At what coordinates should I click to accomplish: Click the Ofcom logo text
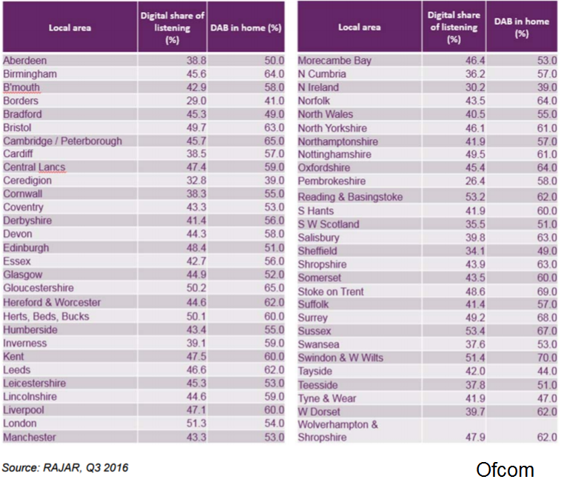point(505,469)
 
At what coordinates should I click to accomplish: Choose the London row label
point(20,424)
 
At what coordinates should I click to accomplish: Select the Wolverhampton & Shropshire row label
point(337,431)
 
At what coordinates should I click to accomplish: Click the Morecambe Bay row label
point(334,61)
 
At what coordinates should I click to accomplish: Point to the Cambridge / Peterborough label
point(62,141)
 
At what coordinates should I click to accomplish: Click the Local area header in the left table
point(69,28)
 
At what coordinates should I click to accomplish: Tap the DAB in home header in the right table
point(522,27)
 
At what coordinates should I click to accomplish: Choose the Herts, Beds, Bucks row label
point(46,316)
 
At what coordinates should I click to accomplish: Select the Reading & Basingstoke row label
point(350,197)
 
